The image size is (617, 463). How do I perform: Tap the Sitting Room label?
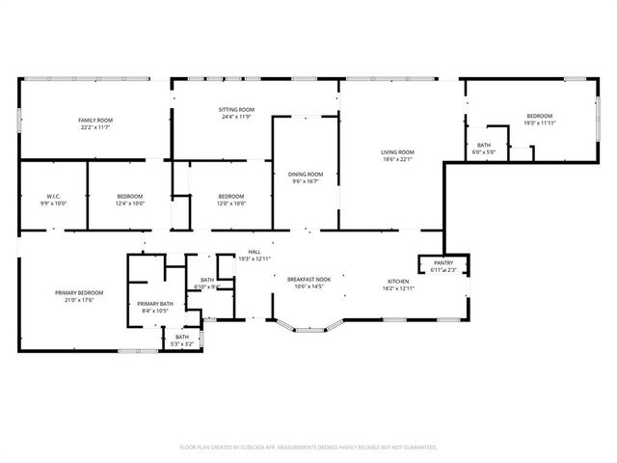tap(236, 110)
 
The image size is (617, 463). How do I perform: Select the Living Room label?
tap(397, 151)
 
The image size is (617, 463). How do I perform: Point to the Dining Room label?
tap(306, 174)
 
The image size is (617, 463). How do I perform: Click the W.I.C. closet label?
tap(53, 196)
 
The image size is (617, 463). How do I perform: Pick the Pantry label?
tap(443, 262)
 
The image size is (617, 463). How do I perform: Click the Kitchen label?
tap(398, 281)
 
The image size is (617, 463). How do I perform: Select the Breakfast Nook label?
tap(308, 279)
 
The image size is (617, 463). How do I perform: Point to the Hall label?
tap(255, 252)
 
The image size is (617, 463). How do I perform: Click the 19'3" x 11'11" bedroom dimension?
tap(540, 123)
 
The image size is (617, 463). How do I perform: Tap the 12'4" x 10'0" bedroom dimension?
tap(130, 204)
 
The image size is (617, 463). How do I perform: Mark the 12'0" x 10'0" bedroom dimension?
tap(231, 204)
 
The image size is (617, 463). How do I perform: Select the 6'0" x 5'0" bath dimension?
tap(483, 152)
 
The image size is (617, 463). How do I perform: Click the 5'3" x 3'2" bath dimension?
tap(181, 343)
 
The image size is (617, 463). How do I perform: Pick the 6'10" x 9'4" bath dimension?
tap(207, 286)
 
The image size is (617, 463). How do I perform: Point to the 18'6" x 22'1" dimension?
tap(397, 159)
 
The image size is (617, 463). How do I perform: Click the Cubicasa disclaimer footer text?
tap(308, 448)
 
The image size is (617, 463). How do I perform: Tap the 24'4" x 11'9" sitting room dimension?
tap(236, 118)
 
